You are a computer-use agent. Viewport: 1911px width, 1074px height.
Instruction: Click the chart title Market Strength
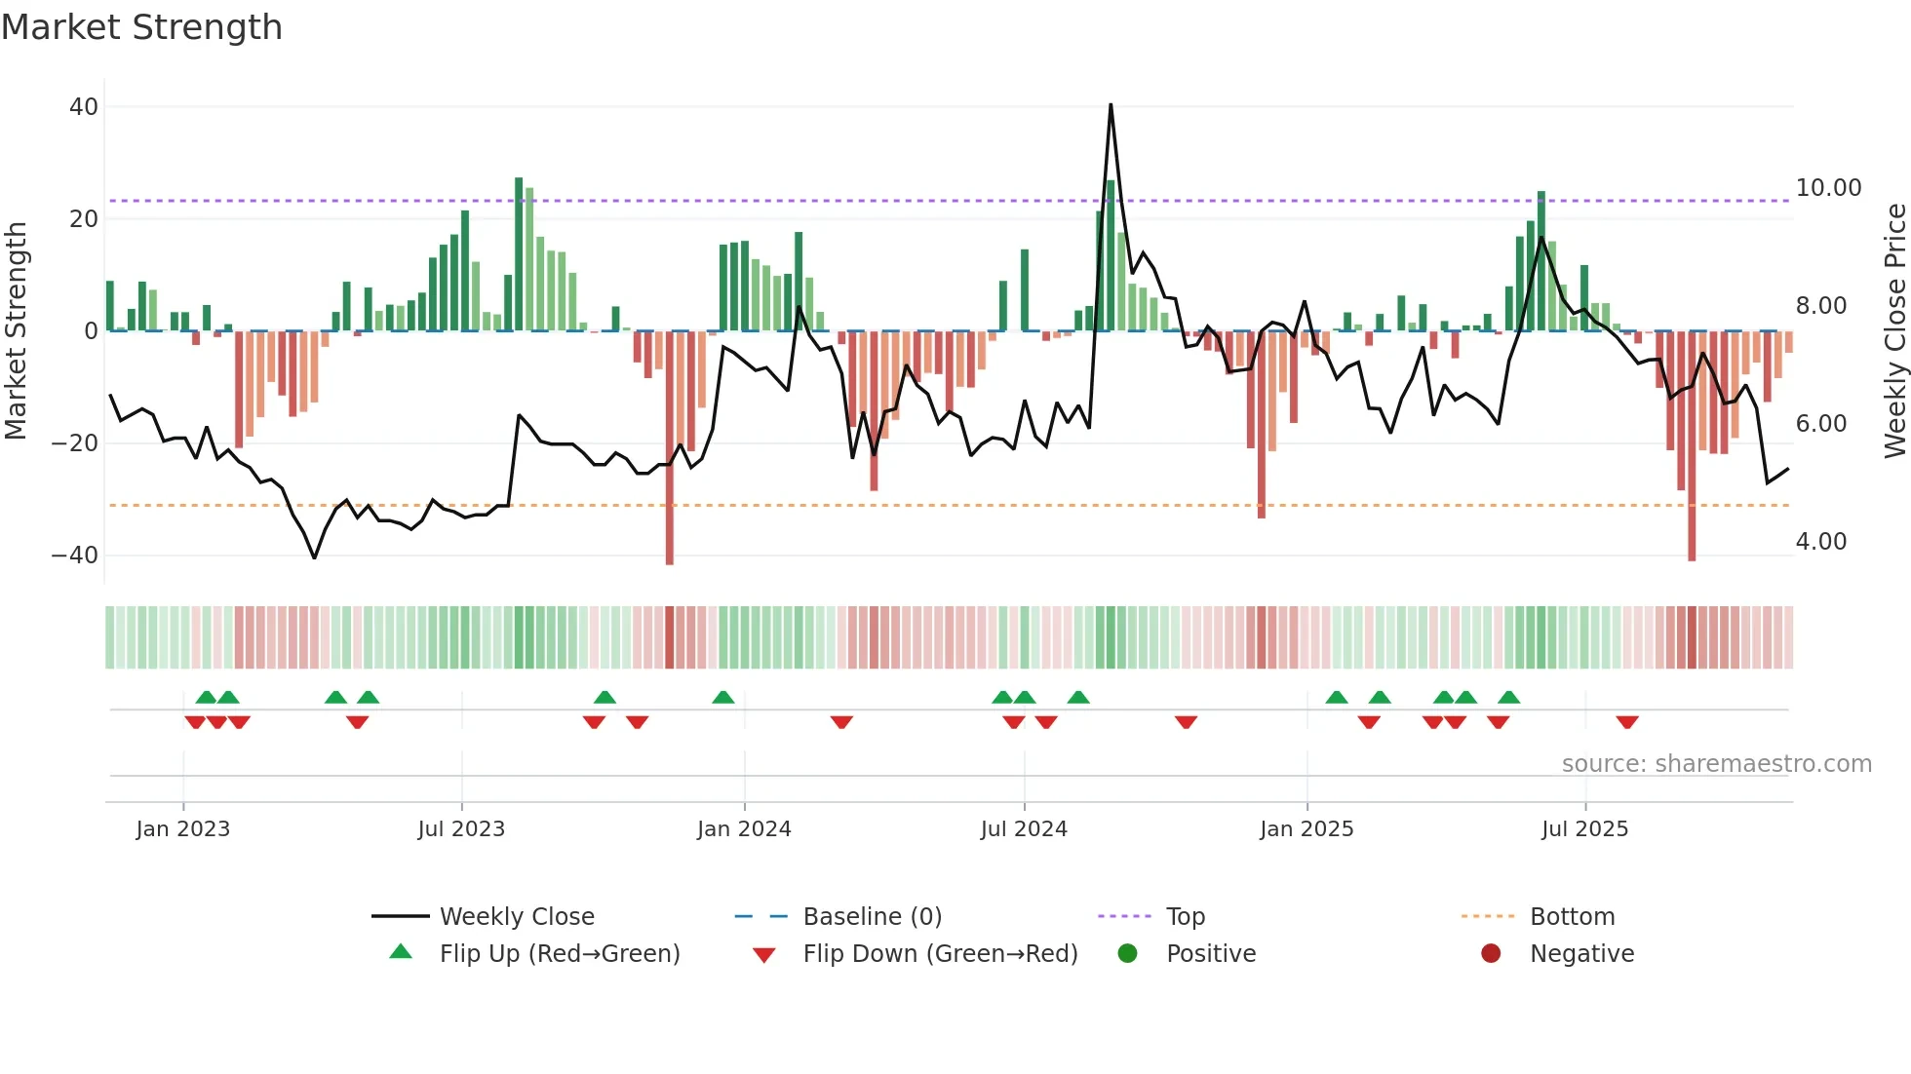141,27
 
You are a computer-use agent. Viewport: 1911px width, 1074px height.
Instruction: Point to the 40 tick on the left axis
84,107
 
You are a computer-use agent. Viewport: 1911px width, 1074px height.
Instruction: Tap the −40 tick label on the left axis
75,556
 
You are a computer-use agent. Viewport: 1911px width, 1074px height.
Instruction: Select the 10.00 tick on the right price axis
1828,188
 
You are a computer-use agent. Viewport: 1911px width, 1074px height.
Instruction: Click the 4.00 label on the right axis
1820,542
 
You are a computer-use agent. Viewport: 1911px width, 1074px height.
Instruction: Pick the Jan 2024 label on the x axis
744,829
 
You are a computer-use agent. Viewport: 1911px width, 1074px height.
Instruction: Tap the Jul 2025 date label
1584,829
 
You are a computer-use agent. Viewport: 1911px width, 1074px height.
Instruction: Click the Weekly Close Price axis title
1894,330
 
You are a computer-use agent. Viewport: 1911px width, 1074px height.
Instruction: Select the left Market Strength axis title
16,330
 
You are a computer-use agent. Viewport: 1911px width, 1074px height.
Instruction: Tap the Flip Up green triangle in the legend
401,952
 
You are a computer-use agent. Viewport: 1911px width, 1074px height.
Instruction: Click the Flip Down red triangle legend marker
764,955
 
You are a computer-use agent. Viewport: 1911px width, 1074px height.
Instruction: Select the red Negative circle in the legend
1491,954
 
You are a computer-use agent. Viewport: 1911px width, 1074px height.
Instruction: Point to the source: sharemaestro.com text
1716,764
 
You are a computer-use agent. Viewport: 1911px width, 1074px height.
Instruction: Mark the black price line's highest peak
1111,105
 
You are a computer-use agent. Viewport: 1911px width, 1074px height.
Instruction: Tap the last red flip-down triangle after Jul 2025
1626,722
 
